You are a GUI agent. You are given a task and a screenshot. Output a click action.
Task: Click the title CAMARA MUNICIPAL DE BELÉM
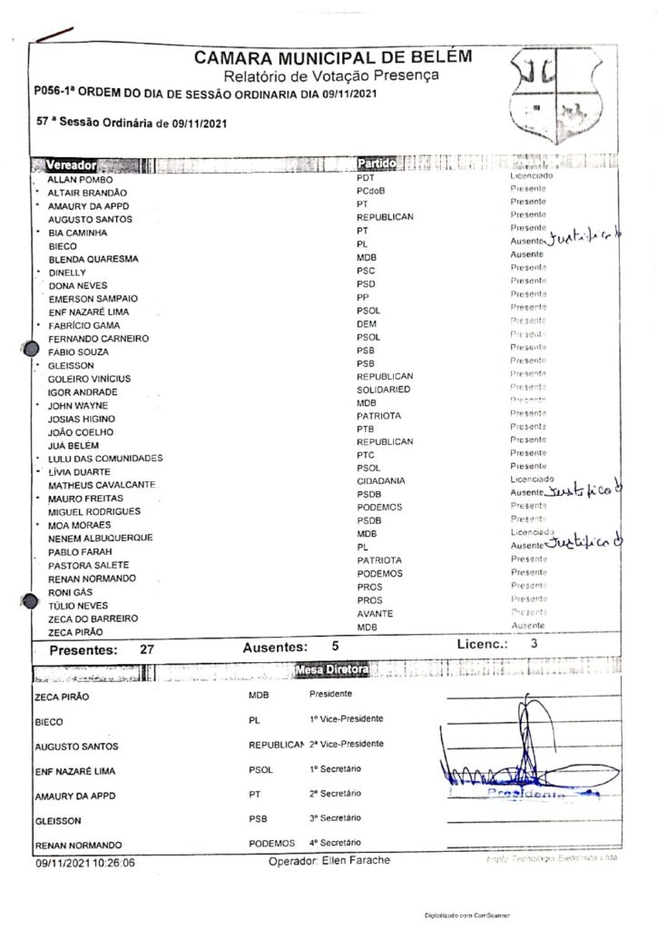point(332,59)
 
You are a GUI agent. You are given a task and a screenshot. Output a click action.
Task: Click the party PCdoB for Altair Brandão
point(372,193)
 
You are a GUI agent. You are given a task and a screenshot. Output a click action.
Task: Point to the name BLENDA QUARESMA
point(93,260)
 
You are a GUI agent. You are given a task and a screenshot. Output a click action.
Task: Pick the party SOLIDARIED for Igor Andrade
point(384,390)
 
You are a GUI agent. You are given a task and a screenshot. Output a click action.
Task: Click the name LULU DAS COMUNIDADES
point(104,458)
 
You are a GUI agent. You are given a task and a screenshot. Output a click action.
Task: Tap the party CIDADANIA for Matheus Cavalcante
point(381,480)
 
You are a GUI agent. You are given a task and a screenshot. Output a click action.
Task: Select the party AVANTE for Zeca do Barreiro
point(374,614)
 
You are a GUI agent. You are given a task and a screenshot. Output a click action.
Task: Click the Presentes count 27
point(148,650)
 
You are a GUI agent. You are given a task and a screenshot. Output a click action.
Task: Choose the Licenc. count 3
point(534,644)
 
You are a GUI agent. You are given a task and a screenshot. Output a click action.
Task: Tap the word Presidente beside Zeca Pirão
point(330,694)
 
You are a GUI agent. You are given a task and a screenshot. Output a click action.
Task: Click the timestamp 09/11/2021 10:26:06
point(86,866)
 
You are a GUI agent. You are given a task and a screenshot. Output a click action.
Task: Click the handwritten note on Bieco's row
point(585,238)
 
